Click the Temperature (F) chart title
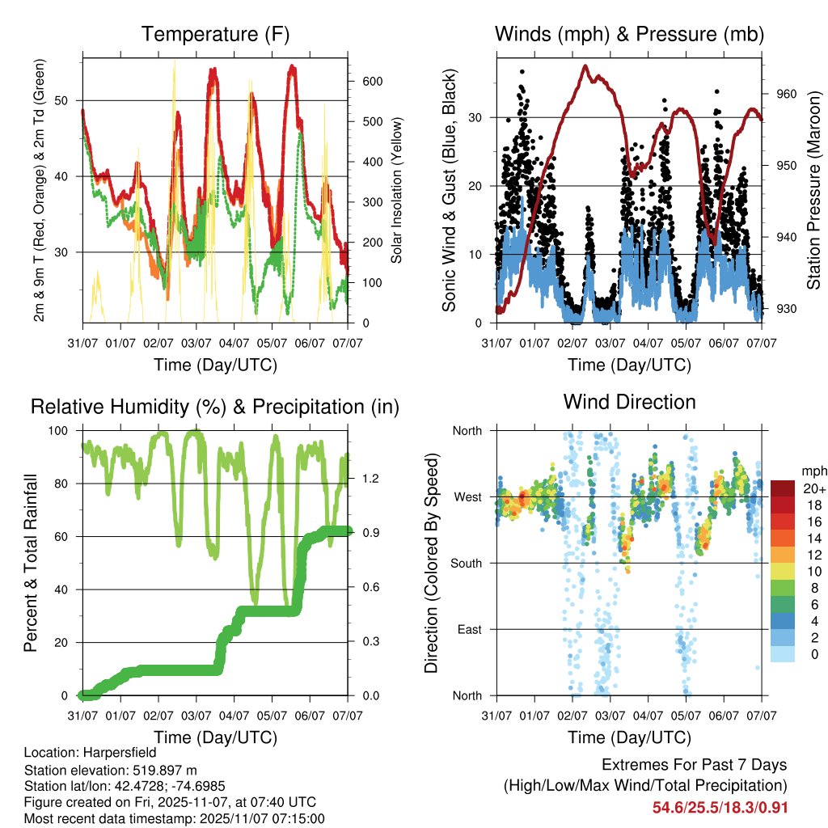214,34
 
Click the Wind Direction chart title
629,402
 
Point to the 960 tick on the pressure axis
786,94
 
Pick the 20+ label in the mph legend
813,488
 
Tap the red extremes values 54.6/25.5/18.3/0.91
720,808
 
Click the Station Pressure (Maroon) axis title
813,190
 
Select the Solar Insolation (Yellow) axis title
396,190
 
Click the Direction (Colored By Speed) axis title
431,563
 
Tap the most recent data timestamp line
174,818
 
